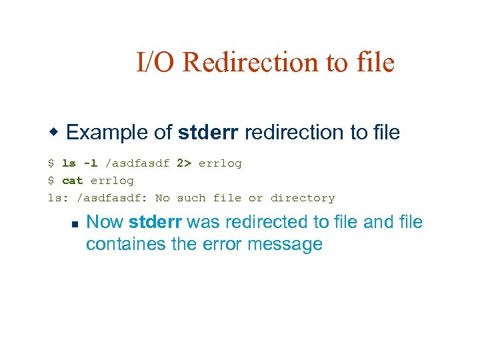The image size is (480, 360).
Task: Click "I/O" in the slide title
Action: tap(156, 63)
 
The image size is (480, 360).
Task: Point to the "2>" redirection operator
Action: tap(184, 163)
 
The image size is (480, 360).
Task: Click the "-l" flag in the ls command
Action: tap(90, 163)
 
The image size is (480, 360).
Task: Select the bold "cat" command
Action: tap(72, 181)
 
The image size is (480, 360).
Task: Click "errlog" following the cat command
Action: tap(112, 181)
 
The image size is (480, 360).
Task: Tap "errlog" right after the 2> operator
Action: tap(220, 163)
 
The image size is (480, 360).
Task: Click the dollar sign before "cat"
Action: tap(51, 181)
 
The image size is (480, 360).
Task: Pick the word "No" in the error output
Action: tap(163, 198)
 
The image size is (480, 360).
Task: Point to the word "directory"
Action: tap(303, 198)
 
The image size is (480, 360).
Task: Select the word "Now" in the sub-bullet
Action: tap(105, 222)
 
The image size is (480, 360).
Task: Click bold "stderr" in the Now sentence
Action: tap(157, 222)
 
